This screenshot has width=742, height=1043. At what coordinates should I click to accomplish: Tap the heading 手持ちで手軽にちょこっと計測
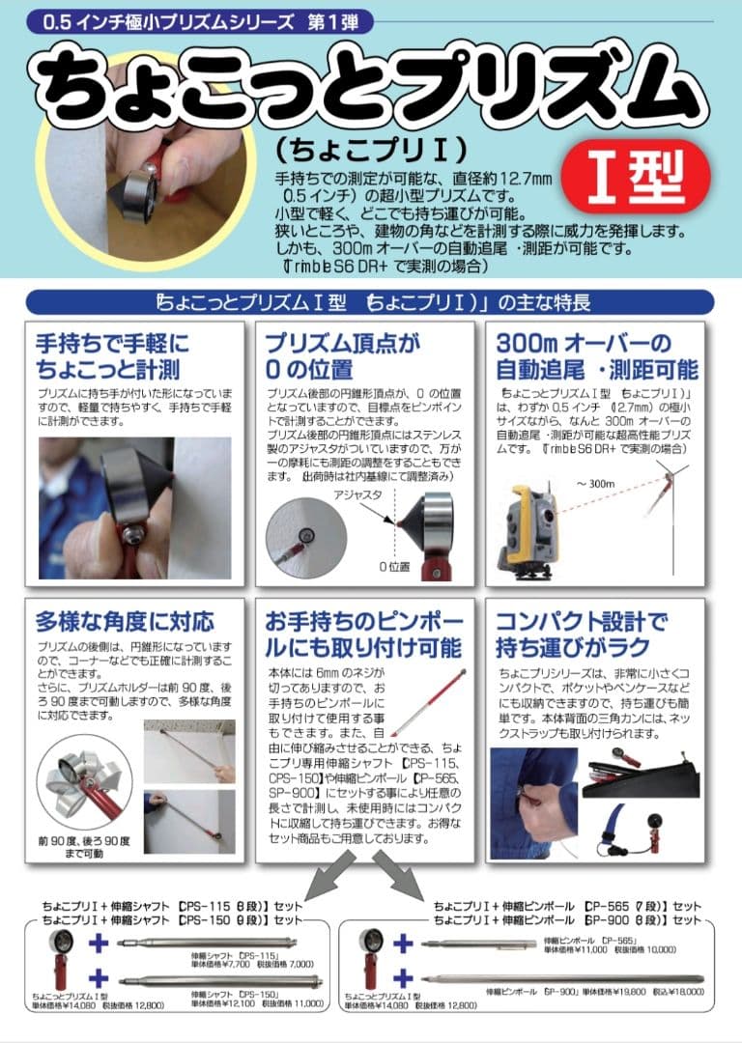114,356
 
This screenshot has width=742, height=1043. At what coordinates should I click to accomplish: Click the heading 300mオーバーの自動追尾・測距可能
595,356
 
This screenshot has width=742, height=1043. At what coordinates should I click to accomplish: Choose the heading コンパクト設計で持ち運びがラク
582,633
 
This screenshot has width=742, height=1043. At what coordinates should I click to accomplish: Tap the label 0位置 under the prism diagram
395,566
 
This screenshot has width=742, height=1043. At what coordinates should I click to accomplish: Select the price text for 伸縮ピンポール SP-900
594,991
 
